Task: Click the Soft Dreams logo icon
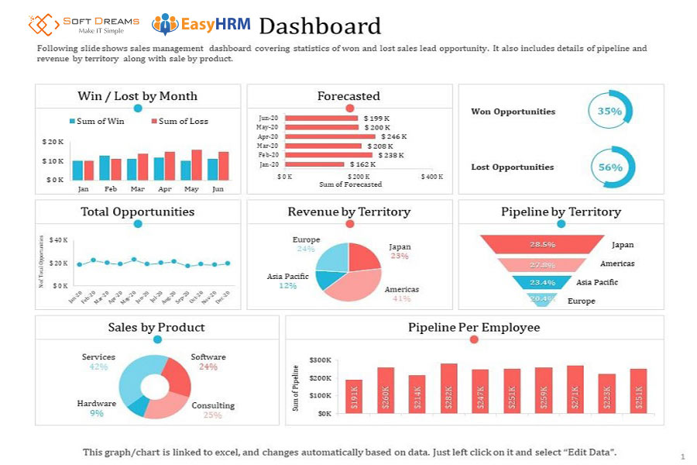44,24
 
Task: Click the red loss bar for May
197,164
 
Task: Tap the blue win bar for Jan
77,170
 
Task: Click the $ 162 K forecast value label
362,164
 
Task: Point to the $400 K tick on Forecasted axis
431,177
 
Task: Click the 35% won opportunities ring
610,111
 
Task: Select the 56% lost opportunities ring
612,167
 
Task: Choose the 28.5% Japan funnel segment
542,244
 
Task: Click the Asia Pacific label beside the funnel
597,282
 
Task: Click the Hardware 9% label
97,408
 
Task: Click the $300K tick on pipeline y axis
320,360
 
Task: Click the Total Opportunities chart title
138,212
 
